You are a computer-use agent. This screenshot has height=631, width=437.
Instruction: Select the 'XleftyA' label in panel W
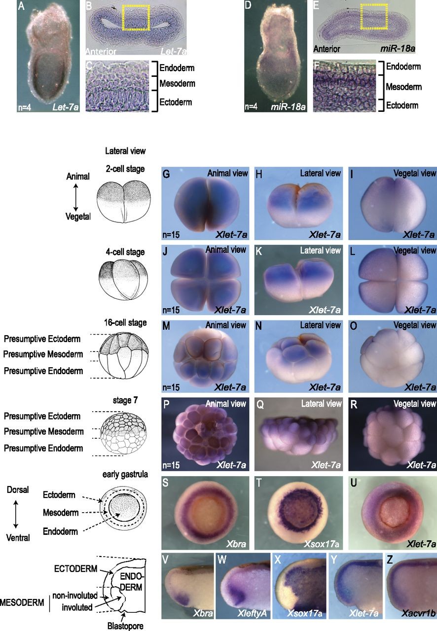coord(245,612)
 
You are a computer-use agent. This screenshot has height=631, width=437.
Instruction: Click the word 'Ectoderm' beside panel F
coord(402,105)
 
